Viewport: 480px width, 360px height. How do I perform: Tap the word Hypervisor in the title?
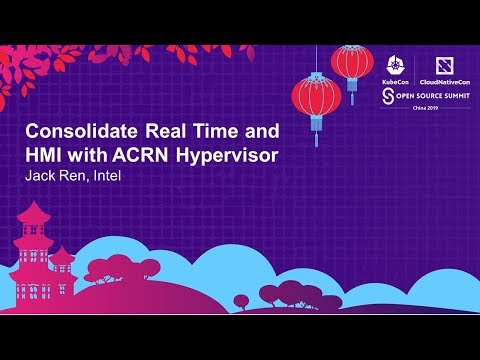[x=229, y=157]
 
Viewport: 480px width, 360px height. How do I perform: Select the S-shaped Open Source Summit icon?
[x=387, y=95]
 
